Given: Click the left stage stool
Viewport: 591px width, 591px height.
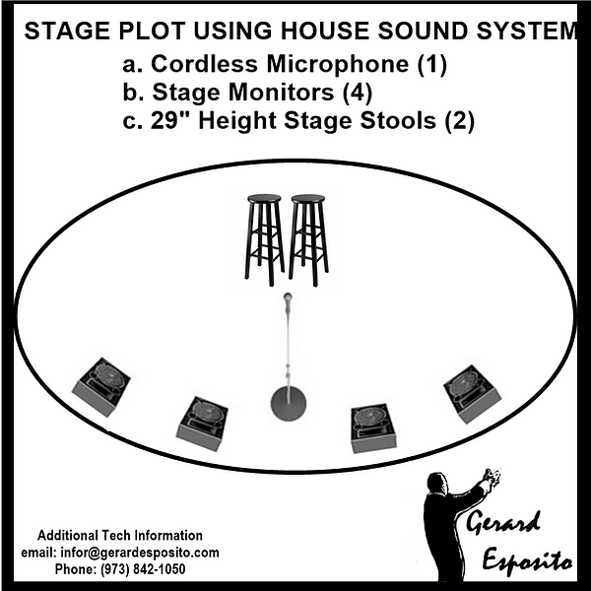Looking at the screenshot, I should tap(264, 236).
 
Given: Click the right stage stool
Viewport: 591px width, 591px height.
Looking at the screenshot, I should tap(308, 236).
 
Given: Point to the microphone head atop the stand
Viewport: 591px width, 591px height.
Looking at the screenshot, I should tap(288, 296).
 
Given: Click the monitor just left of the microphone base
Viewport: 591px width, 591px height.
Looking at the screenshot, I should tap(203, 421).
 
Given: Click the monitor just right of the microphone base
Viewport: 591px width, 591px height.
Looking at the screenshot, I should tap(372, 426).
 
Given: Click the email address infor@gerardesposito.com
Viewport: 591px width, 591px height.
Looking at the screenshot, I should tap(119, 553).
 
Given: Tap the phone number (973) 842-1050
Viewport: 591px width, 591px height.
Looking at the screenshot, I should tap(119, 569).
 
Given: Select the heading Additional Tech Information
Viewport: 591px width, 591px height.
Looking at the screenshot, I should tap(119, 535).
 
